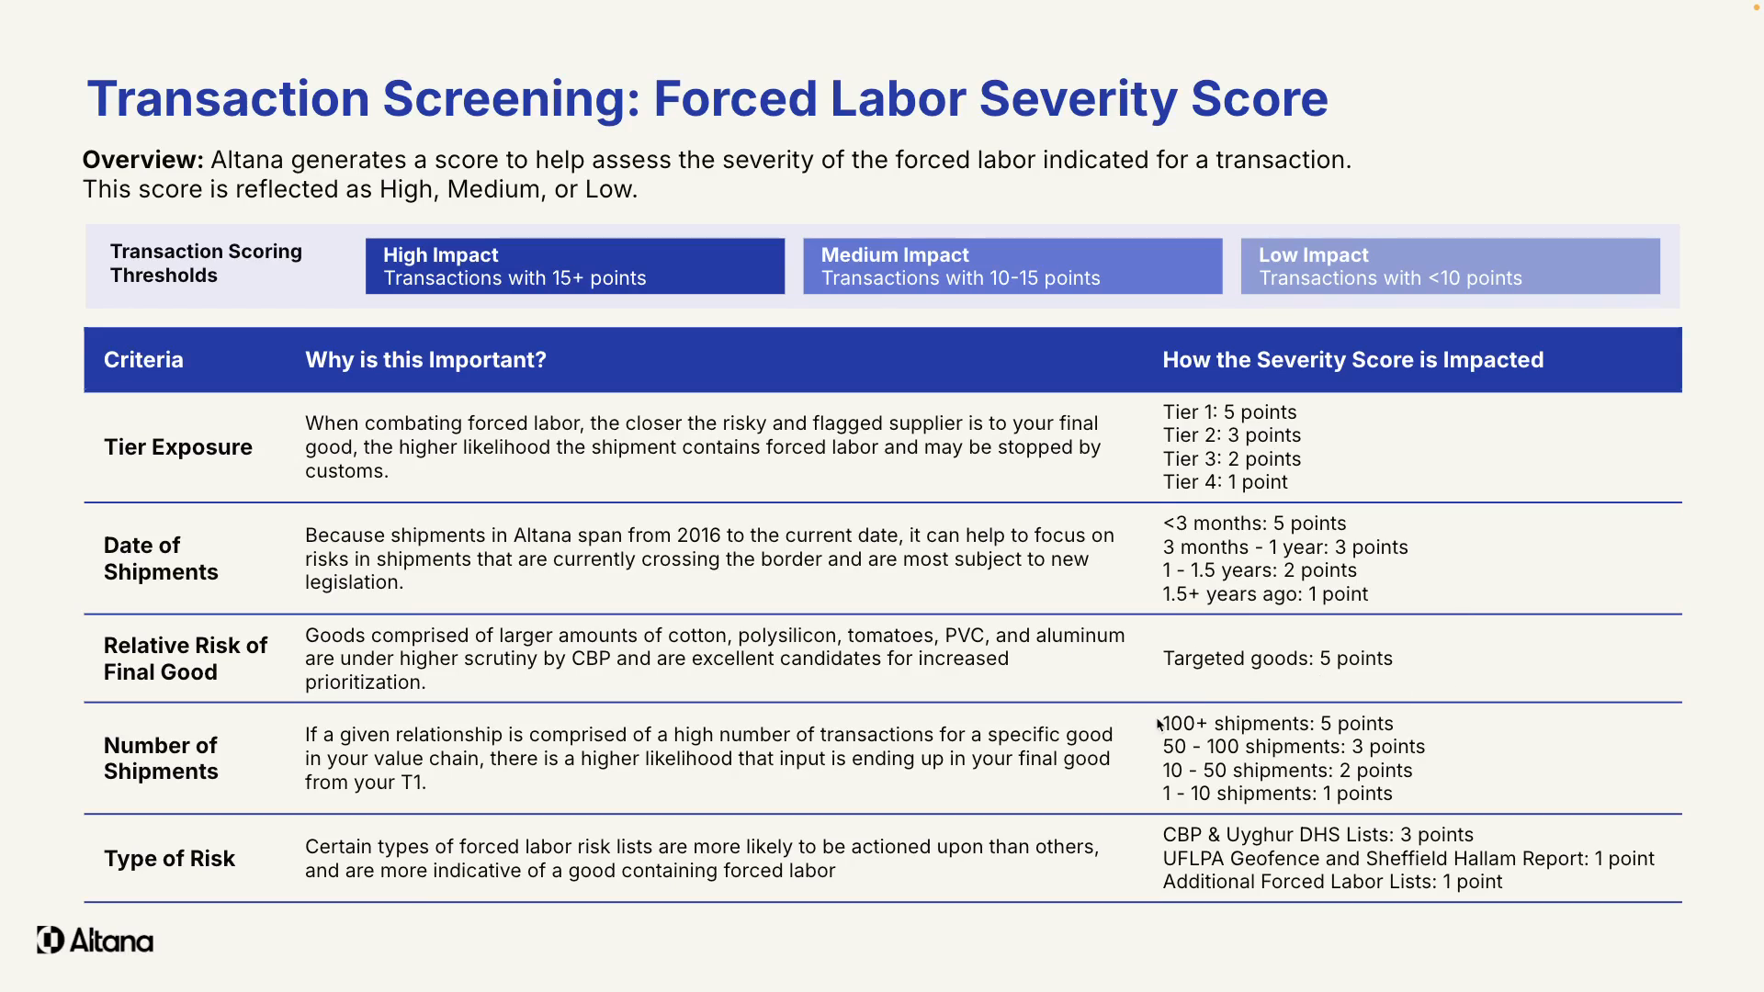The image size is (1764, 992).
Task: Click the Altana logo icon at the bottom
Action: coord(51,940)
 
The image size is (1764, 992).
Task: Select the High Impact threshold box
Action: coord(574,266)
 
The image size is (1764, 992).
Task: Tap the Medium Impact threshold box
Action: coord(1012,266)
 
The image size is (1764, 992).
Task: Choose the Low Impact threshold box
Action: coord(1450,266)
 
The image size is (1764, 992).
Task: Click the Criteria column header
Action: coord(143,360)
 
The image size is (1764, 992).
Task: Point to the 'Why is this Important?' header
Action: coord(425,360)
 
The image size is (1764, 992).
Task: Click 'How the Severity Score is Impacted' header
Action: coord(1352,360)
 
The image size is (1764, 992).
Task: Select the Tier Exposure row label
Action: coord(178,447)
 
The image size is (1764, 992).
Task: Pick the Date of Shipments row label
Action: coord(161,558)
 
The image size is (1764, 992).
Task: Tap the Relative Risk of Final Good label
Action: coord(185,659)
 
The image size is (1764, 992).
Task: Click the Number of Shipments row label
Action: coord(161,759)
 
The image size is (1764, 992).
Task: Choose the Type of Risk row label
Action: coord(169,859)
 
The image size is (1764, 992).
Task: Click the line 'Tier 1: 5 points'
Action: coord(1229,412)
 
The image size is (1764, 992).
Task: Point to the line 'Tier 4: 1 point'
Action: coord(1225,482)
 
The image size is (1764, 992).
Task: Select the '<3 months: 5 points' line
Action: coord(1254,524)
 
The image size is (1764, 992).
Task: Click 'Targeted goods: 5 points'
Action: coord(1277,659)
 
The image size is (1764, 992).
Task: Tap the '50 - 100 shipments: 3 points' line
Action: coord(1294,747)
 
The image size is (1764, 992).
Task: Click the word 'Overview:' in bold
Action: coord(142,160)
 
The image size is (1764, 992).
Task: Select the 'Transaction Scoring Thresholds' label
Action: coord(206,264)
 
